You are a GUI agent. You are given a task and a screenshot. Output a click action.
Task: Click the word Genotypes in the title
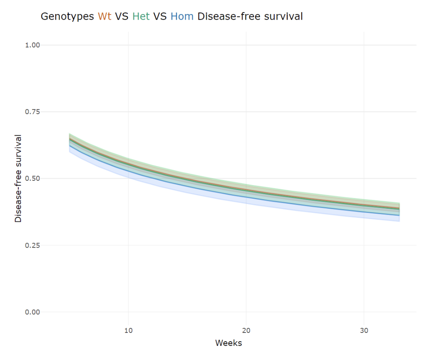(67, 17)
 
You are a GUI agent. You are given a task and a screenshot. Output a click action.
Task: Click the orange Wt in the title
(104, 17)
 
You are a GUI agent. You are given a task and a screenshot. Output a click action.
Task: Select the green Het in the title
(141, 17)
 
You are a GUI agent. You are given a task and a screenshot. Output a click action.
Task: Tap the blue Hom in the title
(182, 17)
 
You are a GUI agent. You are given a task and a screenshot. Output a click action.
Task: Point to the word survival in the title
(283, 17)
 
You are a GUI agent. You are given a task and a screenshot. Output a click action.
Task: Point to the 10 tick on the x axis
(128, 330)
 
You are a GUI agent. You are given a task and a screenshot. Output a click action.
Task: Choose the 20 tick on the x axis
(246, 330)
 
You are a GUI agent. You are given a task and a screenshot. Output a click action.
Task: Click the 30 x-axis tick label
(364, 330)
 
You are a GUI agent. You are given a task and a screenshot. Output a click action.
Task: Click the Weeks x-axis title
(228, 343)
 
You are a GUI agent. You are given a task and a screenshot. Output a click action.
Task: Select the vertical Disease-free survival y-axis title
(18, 178)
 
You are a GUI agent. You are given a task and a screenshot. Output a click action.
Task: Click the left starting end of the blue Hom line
(70, 146)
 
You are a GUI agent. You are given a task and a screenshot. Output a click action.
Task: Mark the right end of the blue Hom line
(399, 215)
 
